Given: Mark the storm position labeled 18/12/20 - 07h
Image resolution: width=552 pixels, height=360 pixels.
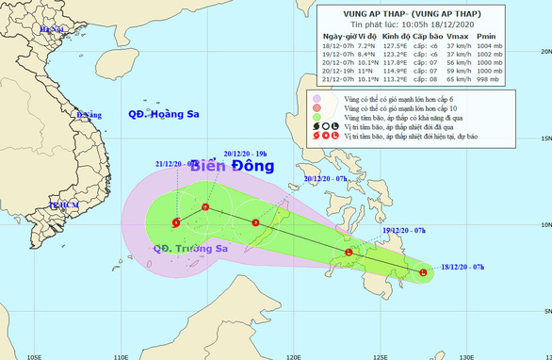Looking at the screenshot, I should [x=422, y=273].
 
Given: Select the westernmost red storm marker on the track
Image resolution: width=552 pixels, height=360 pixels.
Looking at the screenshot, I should [x=176, y=223].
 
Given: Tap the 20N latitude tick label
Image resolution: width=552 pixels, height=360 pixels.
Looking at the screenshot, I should [x=544, y=53].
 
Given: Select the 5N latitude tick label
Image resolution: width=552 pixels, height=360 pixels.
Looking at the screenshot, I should [x=544, y=311].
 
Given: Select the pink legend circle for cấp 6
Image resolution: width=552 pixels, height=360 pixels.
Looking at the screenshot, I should [x=317, y=97].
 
